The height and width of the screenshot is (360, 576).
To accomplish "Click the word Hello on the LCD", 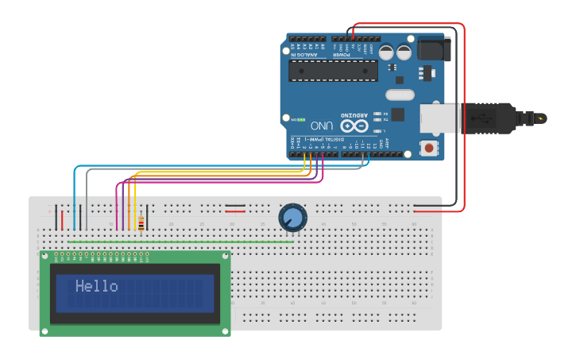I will (96, 286).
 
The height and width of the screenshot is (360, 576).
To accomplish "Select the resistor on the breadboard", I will (141, 223).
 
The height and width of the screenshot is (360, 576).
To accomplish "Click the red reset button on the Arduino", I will (430, 147).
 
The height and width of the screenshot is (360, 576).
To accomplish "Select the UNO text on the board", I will (322, 126).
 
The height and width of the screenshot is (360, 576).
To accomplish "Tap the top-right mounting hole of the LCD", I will (226, 257).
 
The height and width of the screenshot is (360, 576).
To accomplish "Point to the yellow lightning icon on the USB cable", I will (541, 119).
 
